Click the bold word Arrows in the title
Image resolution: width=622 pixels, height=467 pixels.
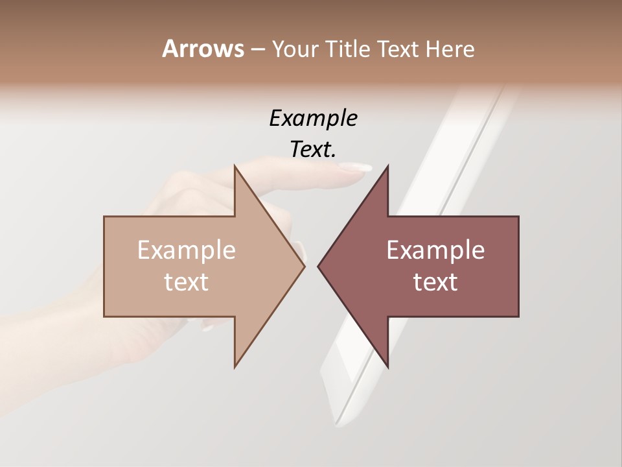[x=203, y=49]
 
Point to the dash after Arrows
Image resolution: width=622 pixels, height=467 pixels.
[x=257, y=50]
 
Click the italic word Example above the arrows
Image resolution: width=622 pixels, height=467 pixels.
[x=313, y=118]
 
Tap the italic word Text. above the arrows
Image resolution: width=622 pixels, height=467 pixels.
[x=313, y=149]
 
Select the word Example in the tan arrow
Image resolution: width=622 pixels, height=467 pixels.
[x=187, y=250]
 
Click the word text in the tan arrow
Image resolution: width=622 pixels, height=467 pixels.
[x=187, y=282]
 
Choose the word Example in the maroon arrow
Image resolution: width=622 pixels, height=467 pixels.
[x=435, y=250]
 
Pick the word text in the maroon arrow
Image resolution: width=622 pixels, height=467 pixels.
[x=435, y=282]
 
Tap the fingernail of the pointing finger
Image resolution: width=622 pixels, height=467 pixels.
[x=356, y=168]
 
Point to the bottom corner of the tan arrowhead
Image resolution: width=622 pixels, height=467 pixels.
[x=235, y=367]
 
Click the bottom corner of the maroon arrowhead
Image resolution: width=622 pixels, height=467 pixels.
[x=387, y=367]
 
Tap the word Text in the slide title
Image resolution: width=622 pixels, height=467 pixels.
[x=397, y=49]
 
